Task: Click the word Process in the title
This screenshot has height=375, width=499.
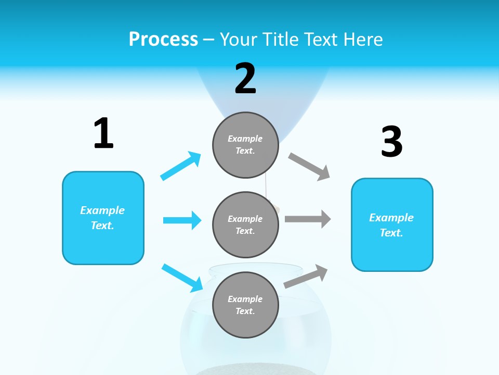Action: (x=163, y=40)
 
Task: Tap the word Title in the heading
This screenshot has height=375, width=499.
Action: (x=281, y=40)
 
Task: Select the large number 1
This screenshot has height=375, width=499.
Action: (x=103, y=133)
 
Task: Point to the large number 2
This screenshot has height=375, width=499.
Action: (x=245, y=79)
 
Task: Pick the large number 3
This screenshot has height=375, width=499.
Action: (x=391, y=142)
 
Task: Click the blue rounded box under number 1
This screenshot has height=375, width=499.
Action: (x=103, y=218)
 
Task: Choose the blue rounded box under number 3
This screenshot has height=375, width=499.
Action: (x=392, y=225)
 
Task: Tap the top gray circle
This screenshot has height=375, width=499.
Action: (x=245, y=145)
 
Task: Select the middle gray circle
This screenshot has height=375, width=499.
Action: (x=245, y=224)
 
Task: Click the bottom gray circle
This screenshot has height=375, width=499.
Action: (x=245, y=305)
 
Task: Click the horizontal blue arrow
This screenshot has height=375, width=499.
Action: (x=182, y=220)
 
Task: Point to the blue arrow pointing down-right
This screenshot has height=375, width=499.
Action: (x=182, y=278)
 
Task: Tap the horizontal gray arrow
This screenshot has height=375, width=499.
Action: (x=308, y=219)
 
